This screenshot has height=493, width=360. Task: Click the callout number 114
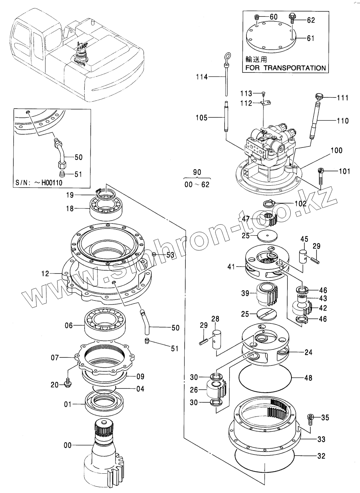[202, 76]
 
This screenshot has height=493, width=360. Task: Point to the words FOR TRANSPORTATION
[285, 67]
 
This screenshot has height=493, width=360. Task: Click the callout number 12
[45, 274]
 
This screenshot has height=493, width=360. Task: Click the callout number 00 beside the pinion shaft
[67, 445]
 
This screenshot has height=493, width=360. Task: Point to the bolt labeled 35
[310, 418]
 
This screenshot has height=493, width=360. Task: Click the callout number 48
[308, 377]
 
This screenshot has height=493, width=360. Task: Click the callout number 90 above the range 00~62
[197, 172]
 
